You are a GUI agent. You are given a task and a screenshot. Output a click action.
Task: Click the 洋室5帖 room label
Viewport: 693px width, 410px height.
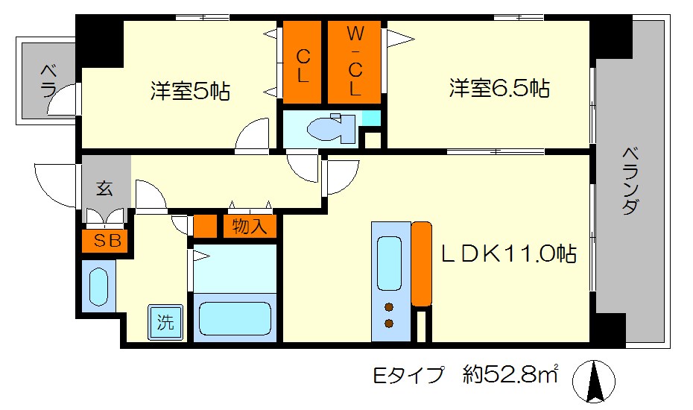(x=190, y=92)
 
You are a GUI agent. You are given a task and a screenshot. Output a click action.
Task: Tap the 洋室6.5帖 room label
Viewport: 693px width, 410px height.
(x=499, y=89)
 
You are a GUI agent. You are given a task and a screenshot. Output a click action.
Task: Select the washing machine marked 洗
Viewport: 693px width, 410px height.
(x=165, y=322)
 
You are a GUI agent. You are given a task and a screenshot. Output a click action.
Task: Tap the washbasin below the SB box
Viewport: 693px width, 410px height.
(x=98, y=286)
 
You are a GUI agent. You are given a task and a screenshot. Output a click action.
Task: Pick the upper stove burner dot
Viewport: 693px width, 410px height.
(x=388, y=306)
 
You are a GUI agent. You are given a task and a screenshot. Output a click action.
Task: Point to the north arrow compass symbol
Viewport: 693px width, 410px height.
(x=595, y=382)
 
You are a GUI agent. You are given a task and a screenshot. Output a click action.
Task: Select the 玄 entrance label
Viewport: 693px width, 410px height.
(x=104, y=189)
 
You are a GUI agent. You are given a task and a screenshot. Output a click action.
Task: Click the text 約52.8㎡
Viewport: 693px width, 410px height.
(x=513, y=374)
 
